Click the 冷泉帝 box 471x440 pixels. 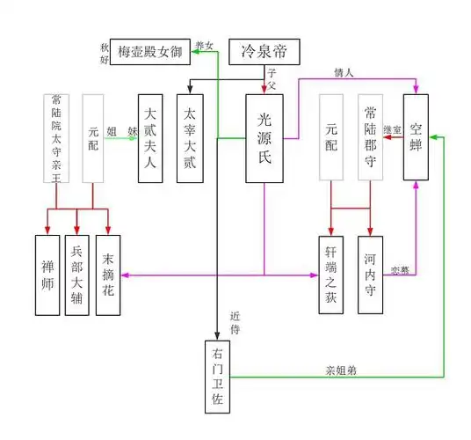pyautogui.click(x=264, y=52)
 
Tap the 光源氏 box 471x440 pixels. pyautogui.click(x=264, y=137)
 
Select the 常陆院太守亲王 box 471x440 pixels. pyautogui.click(x=56, y=137)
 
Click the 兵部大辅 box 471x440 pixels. pyautogui.click(x=78, y=275)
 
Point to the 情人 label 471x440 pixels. pyautogui.click(x=344, y=73)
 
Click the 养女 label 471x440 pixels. pyautogui.click(x=204, y=44)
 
